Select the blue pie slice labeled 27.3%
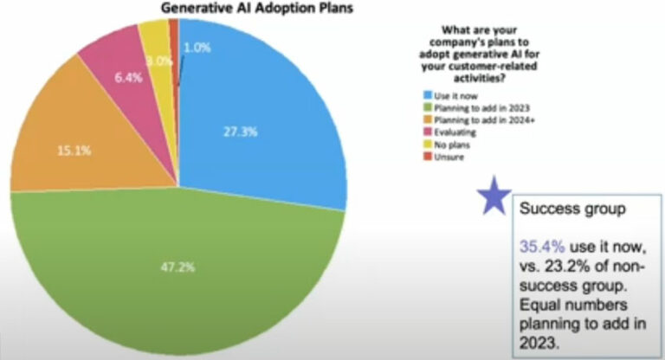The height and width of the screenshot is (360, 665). [260, 112]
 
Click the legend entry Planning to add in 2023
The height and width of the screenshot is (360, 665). [466, 104]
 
